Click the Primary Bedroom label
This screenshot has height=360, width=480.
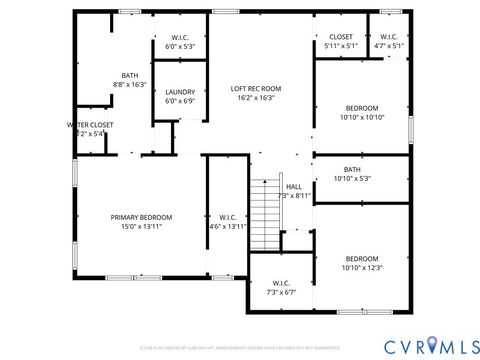tap(141, 218)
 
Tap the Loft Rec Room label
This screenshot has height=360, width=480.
tap(256, 88)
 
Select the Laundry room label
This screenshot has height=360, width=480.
tap(181, 92)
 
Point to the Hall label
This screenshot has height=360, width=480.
tap(294, 186)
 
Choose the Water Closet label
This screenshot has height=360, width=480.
tap(90, 125)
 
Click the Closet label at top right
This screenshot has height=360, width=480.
tap(341, 37)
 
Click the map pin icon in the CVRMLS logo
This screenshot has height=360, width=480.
tap(431, 345)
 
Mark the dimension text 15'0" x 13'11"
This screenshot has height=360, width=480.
tap(141, 227)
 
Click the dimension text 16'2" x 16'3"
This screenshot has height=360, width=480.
tap(256, 98)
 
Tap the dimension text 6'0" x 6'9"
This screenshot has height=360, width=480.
tap(181, 101)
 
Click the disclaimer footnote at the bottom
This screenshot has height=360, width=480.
tap(239, 347)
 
